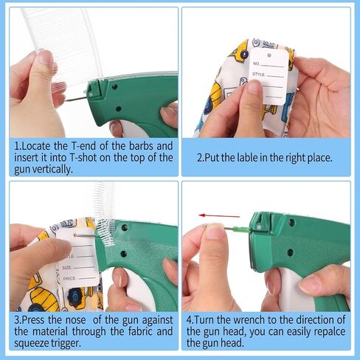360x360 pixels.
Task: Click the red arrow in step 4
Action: [x=219, y=216]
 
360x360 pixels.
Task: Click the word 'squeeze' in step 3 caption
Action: [x=31, y=343]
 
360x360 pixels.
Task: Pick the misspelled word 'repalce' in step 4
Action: [x=329, y=331]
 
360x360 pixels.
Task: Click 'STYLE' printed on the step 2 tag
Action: [x=258, y=74]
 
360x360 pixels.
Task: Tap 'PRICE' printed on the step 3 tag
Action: [x=69, y=279]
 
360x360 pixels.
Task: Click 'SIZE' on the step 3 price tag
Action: [x=66, y=267]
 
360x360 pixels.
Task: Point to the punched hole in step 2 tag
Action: [x=269, y=55]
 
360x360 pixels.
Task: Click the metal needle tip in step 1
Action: [x=67, y=100]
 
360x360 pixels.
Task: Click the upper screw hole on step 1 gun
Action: [x=114, y=86]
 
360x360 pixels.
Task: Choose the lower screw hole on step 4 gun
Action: [x=290, y=252]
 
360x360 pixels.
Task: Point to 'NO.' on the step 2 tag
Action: [x=256, y=63]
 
